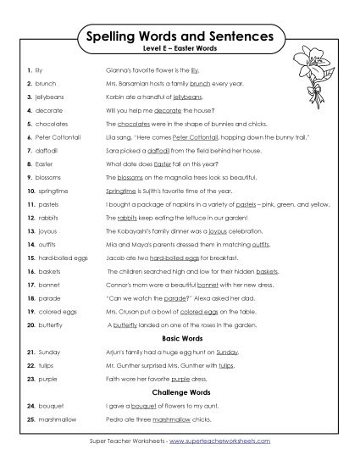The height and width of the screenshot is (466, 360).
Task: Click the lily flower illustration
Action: pyautogui.click(x=313, y=75)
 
